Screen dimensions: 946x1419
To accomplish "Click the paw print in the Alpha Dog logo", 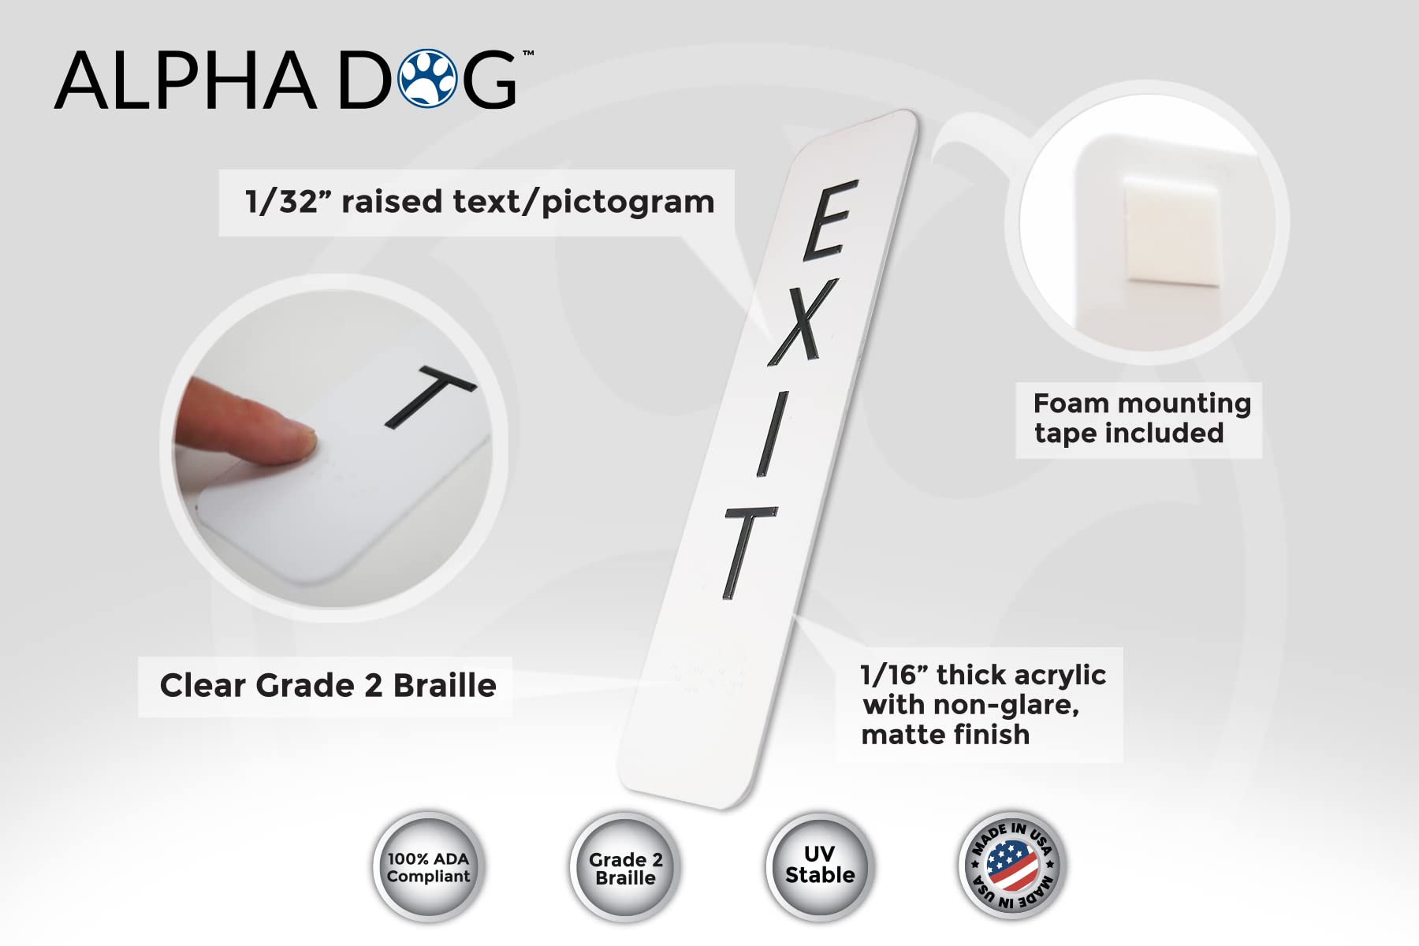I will tap(427, 79).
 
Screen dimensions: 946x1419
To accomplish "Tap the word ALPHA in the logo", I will tap(186, 80).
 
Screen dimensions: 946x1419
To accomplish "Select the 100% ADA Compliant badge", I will tap(428, 867).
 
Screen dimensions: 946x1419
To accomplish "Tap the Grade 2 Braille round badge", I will tap(625, 868).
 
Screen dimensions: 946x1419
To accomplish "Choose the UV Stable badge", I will tap(820, 865).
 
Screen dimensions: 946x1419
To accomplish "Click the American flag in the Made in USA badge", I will tap(1012, 865).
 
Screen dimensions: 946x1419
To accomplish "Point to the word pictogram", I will tap(628, 203).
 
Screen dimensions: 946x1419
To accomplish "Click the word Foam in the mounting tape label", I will tap(1071, 404).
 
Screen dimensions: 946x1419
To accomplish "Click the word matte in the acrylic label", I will tap(902, 735).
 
